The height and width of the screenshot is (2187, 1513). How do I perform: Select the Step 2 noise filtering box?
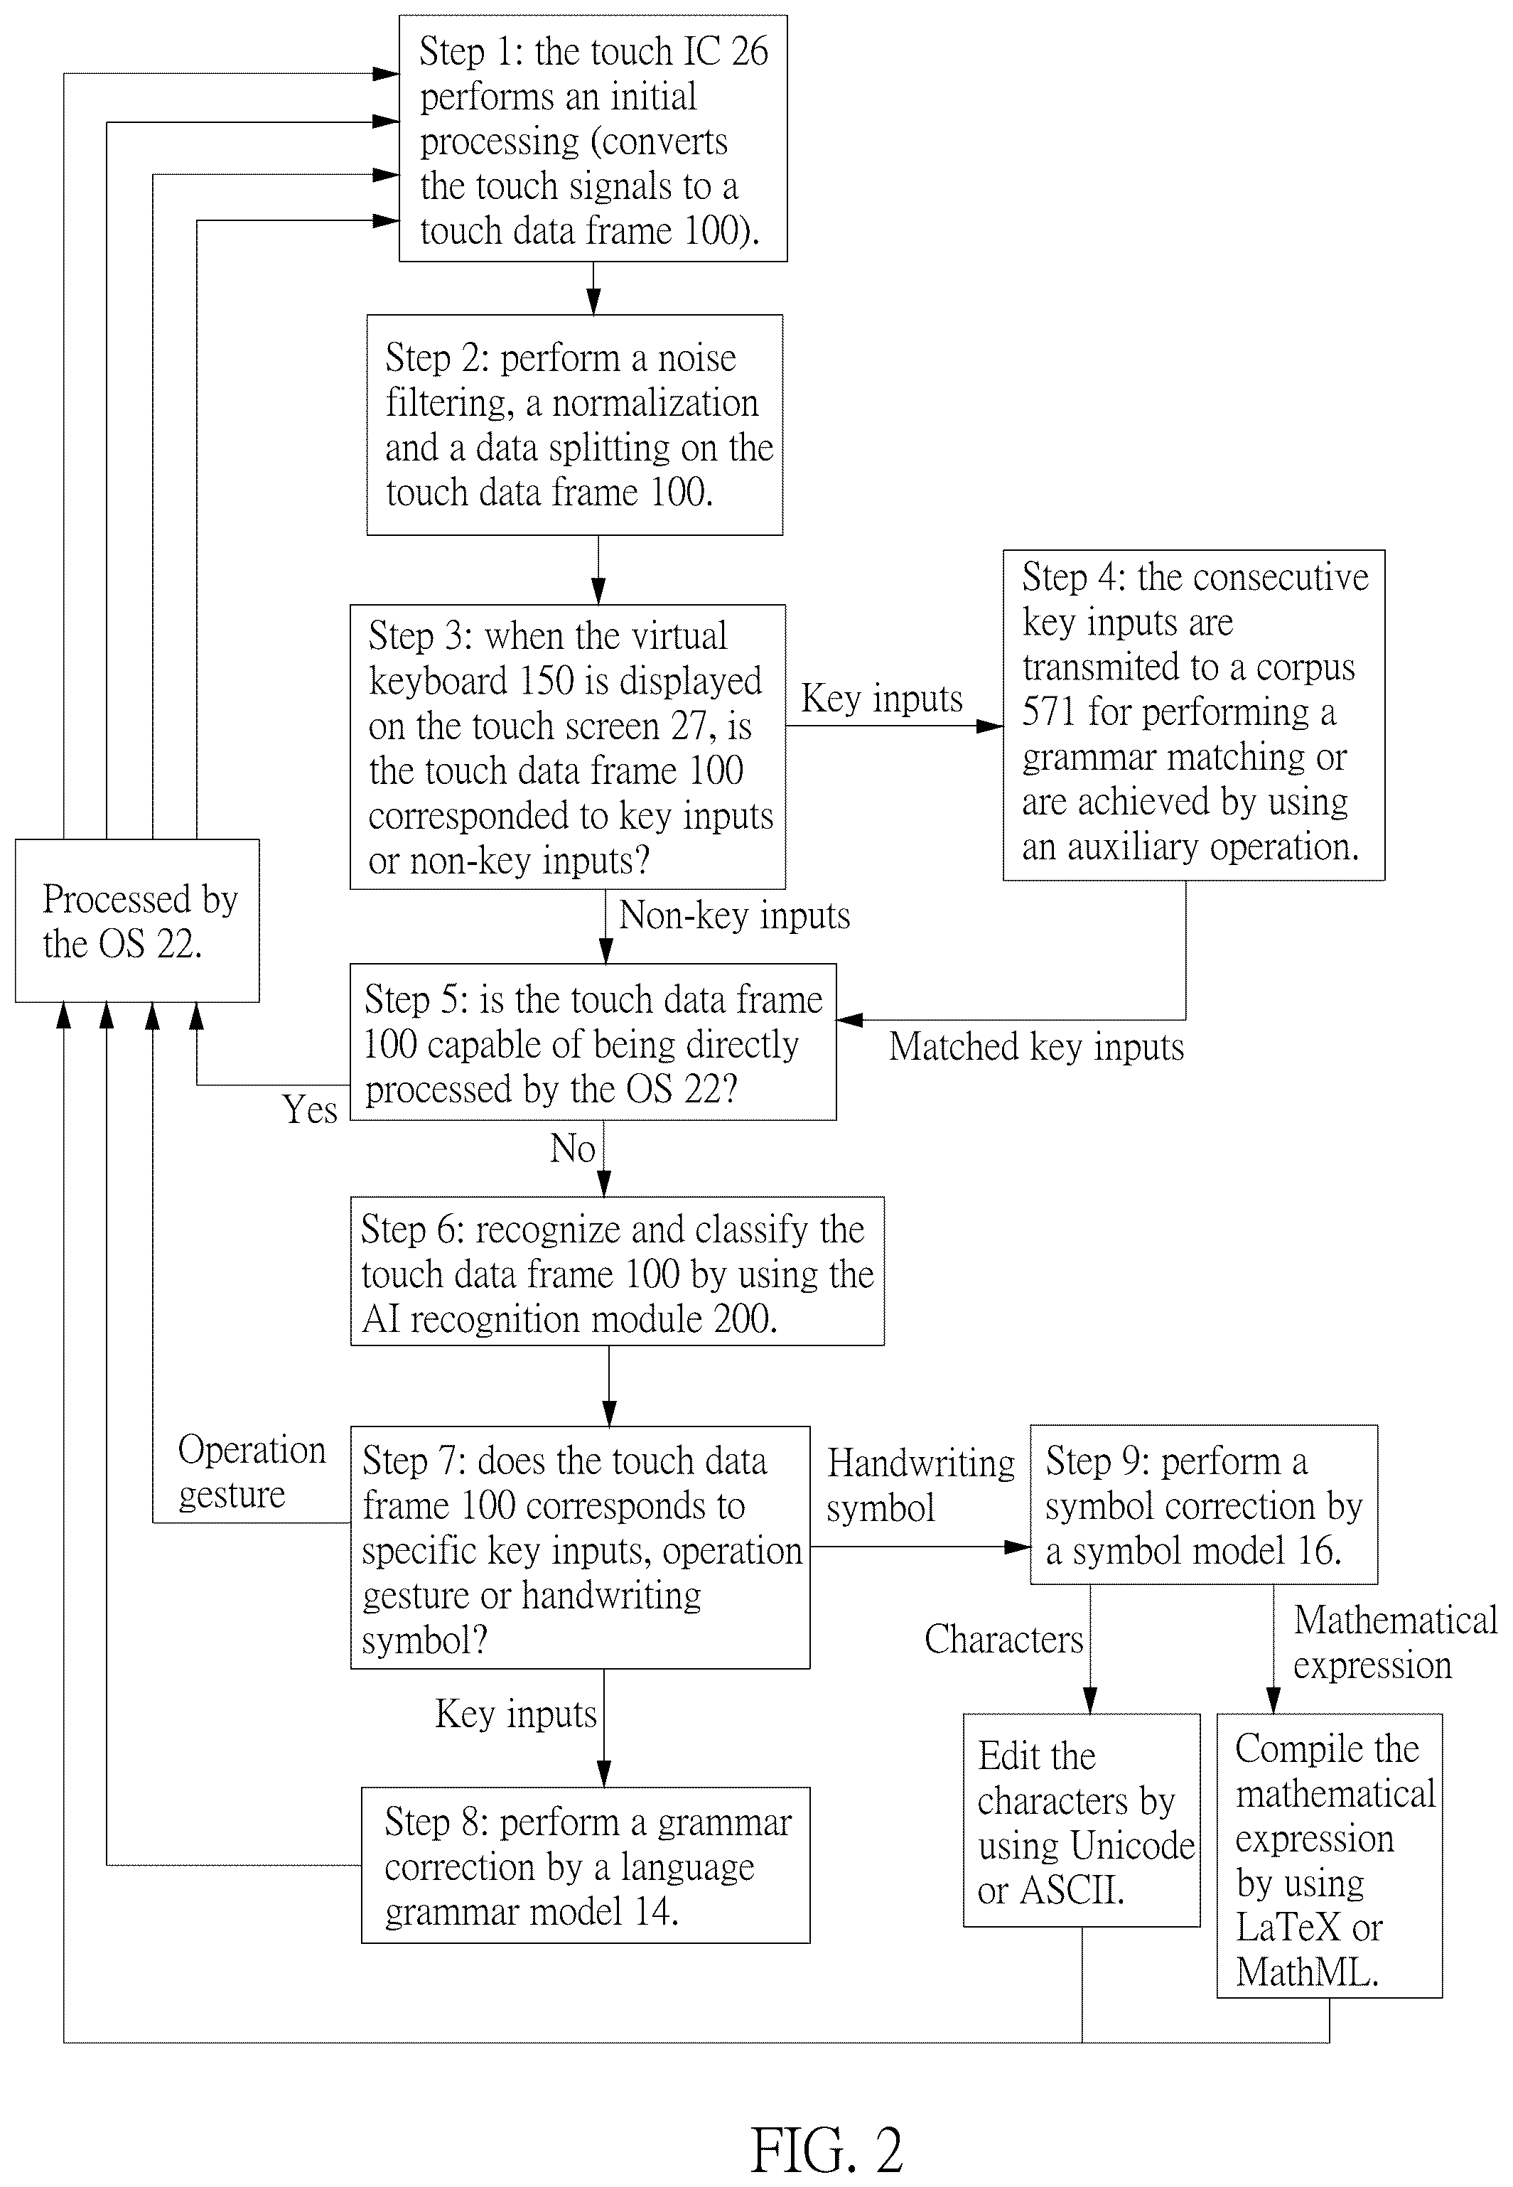pos(574,425)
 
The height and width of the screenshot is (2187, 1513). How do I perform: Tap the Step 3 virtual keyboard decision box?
pos(568,747)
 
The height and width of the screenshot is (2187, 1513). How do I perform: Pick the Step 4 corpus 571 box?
pos(1193,715)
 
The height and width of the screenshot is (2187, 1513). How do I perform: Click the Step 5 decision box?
pos(593,1042)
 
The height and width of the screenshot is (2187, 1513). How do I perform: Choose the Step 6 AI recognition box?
pos(617,1272)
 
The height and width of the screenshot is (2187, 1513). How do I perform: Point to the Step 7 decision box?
pos(580,1547)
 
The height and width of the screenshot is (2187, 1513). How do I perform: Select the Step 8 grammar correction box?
pos(585,1865)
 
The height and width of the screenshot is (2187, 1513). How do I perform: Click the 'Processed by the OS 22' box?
pos(137,920)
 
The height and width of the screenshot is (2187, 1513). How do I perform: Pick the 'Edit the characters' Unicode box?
pos(1082,1820)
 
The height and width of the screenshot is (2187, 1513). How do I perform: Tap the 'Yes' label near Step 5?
pos(309,1109)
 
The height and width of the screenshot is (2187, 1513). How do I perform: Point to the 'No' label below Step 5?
pos(573,1148)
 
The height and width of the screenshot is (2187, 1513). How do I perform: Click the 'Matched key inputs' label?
pos(1036,1046)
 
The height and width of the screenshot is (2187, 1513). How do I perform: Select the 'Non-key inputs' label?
pos(735,915)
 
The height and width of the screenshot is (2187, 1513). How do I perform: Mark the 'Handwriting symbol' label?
pos(920,1485)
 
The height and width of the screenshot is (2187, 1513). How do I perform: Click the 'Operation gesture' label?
pos(251,1472)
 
